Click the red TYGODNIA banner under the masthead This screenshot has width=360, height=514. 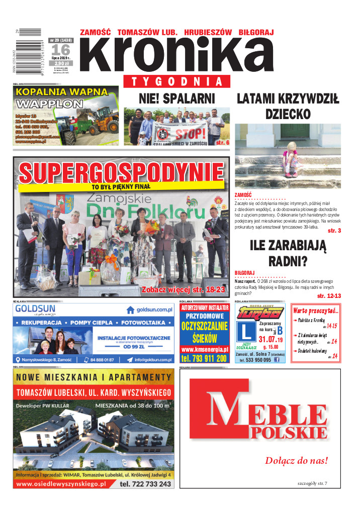[176, 81]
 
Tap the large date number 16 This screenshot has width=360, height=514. [60, 50]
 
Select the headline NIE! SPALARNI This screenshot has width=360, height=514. [176, 98]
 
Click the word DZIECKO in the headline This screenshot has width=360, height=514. [288, 114]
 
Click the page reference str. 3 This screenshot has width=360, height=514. [334, 231]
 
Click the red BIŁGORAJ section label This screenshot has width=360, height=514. [245, 273]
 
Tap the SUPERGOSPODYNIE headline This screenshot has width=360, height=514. [121, 172]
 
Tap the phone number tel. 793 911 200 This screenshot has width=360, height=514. [204, 358]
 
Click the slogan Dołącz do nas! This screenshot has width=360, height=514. [296, 460]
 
